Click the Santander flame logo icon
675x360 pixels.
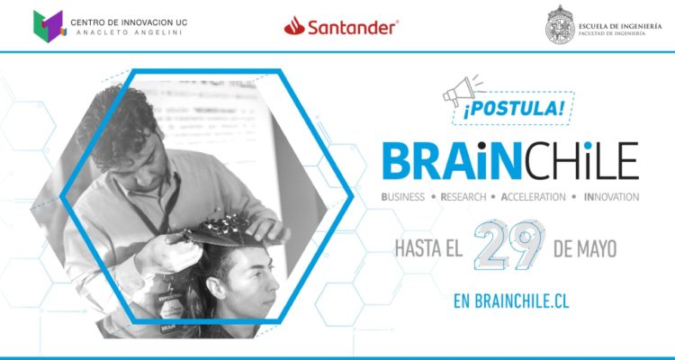click(294, 28)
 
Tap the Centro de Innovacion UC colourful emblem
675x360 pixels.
click(48, 25)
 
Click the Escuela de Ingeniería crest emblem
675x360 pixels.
click(560, 25)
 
